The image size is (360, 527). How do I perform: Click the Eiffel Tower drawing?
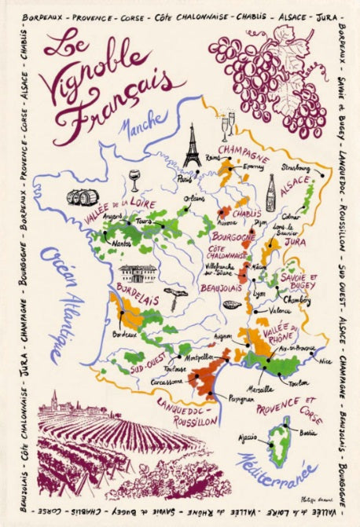pos(192,147)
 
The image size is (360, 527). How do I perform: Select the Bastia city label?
pos(307,432)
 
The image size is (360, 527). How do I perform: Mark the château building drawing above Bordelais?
pos(138,273)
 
